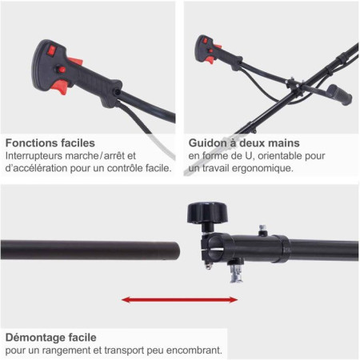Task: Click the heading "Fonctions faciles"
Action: (x=50, y=143)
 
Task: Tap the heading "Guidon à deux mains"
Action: (x=244, y=143)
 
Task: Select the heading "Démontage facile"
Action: (x=51, y=338)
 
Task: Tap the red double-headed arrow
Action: (x=179, y=300)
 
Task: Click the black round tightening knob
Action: (x=207, y=213)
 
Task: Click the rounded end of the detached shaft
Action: (x=174, y=250)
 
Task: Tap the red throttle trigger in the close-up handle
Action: (x=61, y=86)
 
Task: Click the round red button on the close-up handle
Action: (x=62, y=70)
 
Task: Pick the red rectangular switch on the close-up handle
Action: (x=51, y=50)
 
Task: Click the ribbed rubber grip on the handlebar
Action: (x=340, y=94)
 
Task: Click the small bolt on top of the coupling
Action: (x=262, y=230)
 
